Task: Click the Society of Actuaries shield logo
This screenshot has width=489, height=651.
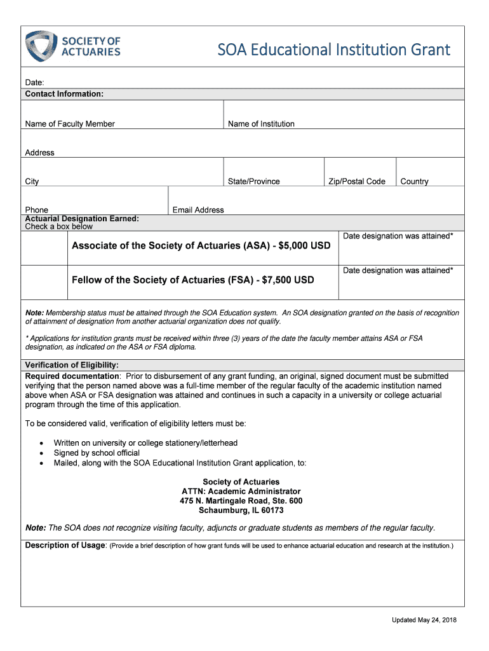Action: coord(40,46)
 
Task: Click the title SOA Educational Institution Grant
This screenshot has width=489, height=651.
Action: coord(333,50)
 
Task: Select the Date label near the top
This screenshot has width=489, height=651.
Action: coord(34,83)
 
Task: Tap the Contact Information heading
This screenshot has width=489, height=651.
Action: coord(64,94)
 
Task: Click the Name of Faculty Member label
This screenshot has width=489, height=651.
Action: coord(70,124)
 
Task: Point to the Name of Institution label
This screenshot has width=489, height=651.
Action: coord(261,124)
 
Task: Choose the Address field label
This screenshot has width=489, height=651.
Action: coord(39,153)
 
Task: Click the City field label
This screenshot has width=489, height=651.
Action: coord(32,182)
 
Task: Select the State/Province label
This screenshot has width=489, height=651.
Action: coord(253,182)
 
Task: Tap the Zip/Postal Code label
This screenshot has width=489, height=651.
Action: coord(356,182)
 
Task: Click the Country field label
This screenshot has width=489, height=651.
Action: coord(414,182)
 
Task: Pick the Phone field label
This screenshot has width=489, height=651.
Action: coord(36,210)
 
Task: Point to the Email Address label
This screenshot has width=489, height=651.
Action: coord(198,210)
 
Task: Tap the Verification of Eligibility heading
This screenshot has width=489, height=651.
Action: coord(72,365)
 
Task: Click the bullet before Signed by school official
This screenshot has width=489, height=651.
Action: coord(41,453)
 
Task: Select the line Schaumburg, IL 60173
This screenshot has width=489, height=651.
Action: coord(241,511)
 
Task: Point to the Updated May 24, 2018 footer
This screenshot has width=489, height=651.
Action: coord(424,620)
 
